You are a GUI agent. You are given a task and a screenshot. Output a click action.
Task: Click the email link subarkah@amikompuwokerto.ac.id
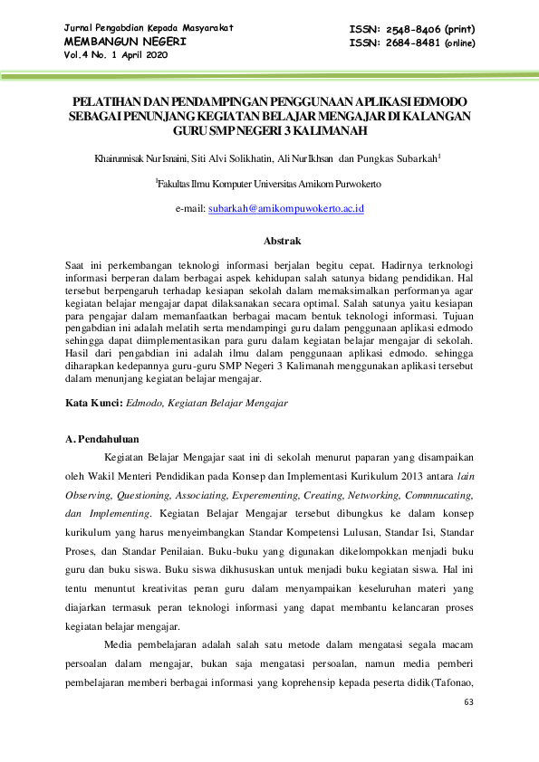(x=286, y=207)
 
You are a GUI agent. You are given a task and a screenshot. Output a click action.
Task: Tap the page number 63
(x=468, y=703)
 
